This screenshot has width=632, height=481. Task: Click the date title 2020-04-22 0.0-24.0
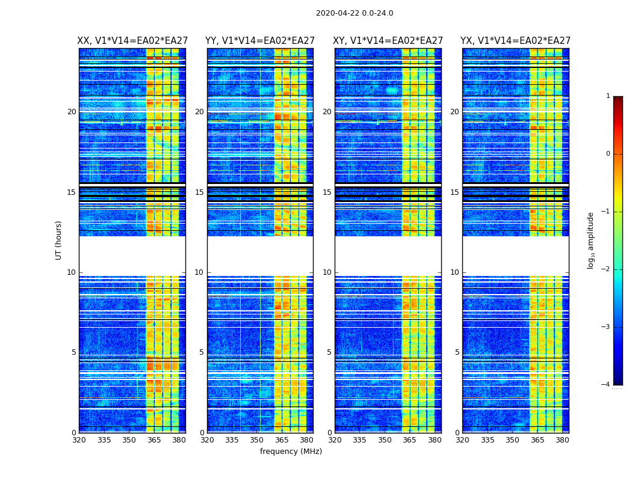click(x=355, y=13)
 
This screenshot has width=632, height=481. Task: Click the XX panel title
click(x=132, y=41)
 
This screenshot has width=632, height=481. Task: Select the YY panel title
click(x=260, y=41)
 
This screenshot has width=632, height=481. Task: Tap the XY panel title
click(x=388, y=41)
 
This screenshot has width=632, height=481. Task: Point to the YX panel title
click(x=515, y=41)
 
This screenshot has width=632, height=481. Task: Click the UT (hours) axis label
click(x=58, y=240)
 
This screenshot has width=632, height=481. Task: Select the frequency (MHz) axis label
click(x=291, y=452)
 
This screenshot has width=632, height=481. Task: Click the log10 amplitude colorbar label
click(x=591, y=240)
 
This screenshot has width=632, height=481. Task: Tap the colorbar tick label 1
click(x=608, y=96)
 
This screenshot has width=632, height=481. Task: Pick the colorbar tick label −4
click(x=606, y=385)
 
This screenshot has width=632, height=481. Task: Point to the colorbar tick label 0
click(x=608, y=154)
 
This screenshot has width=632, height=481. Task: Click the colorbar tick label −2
click(x=606, y=269)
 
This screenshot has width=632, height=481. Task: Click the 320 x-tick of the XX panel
click(x=79, y=440)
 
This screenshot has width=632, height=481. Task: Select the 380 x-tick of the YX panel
click(x=562, y=440)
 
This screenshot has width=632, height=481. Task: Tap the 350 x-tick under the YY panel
click(x=257, y=440)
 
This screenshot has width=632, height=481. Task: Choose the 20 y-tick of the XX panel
click(x=72, y=112)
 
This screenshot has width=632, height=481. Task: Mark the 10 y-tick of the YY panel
click(x=199, y=272)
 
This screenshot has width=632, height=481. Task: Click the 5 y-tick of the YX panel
click(x=457, y=352)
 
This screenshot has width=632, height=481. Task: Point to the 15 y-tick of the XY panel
click(x=327, y=192)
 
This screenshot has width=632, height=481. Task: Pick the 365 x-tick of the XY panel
click(x=409, y=440)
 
